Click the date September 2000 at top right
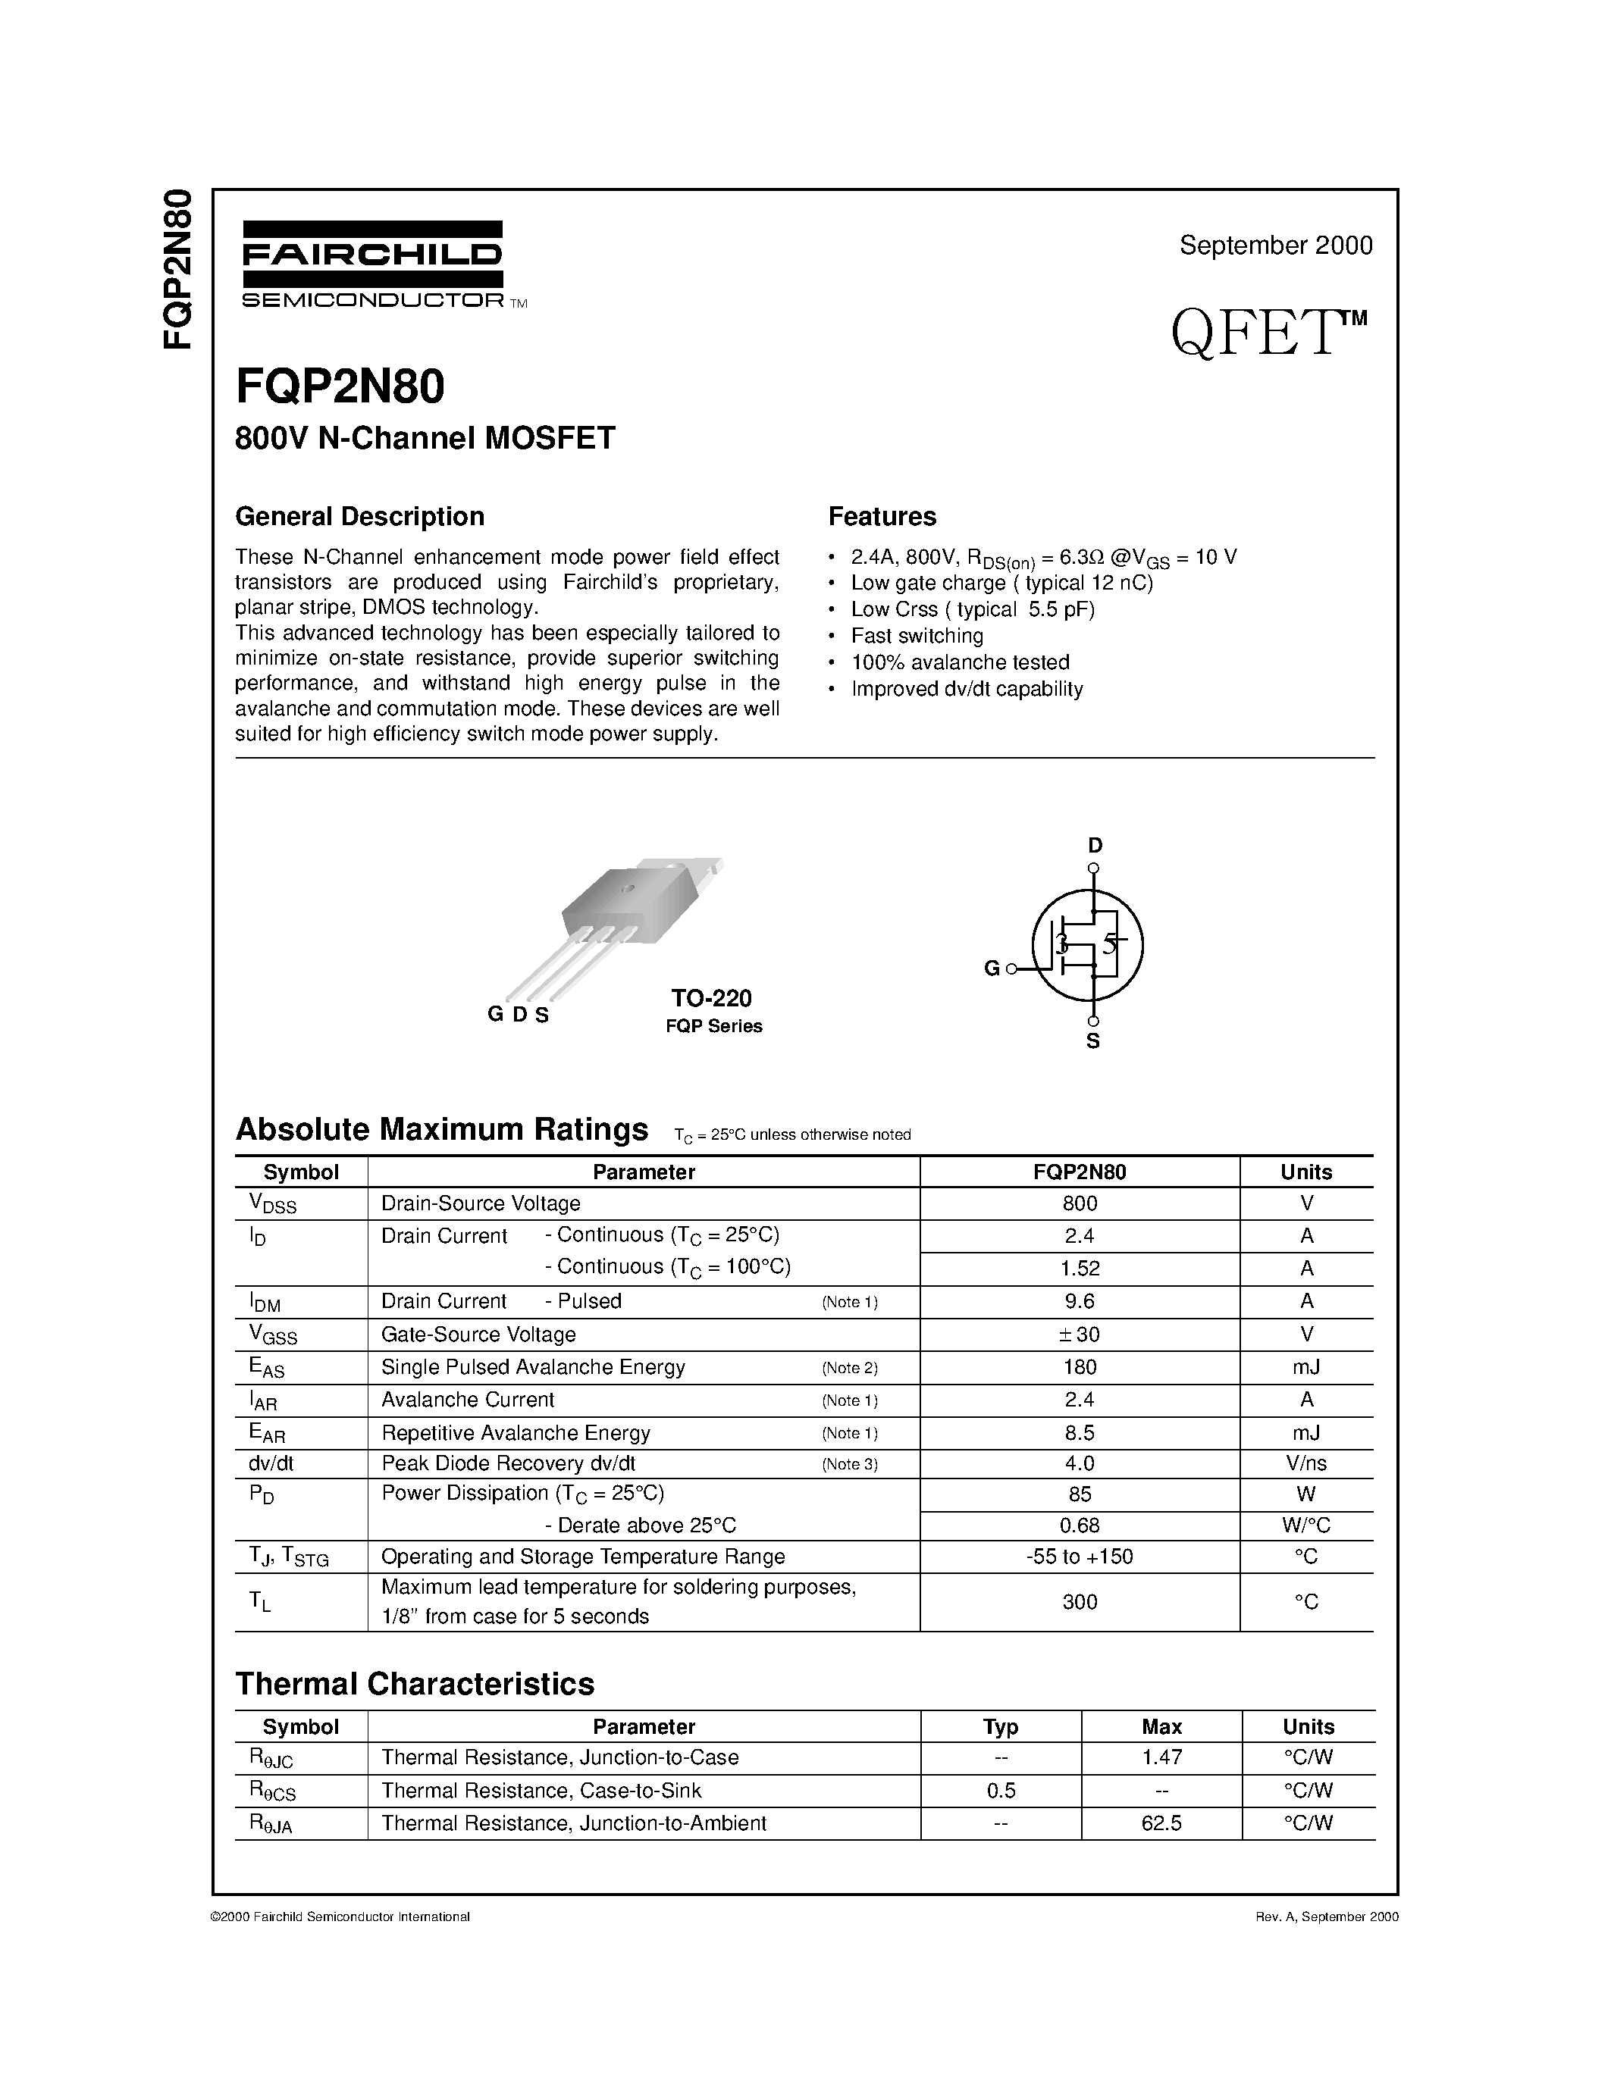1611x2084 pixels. pyautogui.click(x=1275, y=246)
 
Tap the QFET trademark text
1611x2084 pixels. pyautogui.click(x=1268, y=334)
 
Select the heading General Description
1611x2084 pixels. pyautogui.click(x=360, y=516)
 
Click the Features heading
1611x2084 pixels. pyautogui.click(x=882, y=516)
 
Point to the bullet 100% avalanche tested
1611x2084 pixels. pyautogui.click(x=959, y=662)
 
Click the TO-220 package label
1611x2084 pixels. pyautogui.click(x=711, y=998)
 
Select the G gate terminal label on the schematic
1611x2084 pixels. pyautogui.click(x=992, y=968)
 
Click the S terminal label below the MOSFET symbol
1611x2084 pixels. pyautogui.click(x=1092, y=1041)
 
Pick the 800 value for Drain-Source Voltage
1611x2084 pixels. pyautogui.click(x=1080, y=1203)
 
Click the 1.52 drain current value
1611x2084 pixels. pyautogui.click(x=1080, y=1268)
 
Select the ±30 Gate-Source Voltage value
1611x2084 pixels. pyautogui.click(x=1080, y=1334)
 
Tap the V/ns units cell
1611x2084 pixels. pyautogui.click(x=1305, y=1463)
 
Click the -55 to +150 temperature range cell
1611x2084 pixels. pyautogui.click(x=1080, y=1557)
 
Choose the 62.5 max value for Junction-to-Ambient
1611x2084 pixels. pyautogui.click(x=1161, y=1823)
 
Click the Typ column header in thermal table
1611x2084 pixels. pyautogui.click(x=1000, y=1726)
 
